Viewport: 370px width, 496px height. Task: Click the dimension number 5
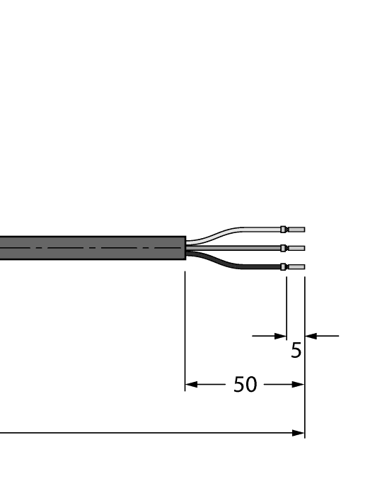(296, 350)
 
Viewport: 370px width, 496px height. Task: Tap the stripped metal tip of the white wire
(296, 230)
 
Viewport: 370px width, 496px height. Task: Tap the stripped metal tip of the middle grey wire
(296, 248)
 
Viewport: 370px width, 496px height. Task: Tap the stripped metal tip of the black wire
(296, 267)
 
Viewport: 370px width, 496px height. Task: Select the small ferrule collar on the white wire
(284, 230)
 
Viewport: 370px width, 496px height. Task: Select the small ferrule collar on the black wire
(284, 267)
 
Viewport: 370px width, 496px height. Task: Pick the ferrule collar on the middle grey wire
(284, 248)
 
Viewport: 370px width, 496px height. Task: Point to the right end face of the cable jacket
(185, 248)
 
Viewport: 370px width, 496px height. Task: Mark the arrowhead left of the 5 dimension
(280, 336)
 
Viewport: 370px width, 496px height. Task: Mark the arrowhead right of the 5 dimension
(310, 336)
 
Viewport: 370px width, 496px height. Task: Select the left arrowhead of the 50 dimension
(190, 385)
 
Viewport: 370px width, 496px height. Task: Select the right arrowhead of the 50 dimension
(299, 385)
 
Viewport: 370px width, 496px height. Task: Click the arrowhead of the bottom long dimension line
(299, 432)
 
